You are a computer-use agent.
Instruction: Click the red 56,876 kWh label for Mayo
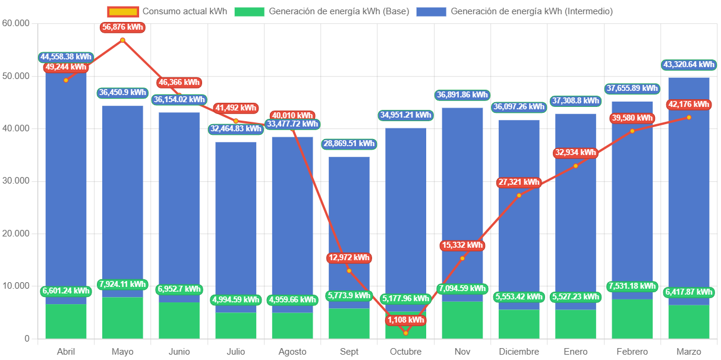pyautogui.click(x=122, y=27)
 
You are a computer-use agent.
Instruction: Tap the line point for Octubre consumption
pyautogui.click(x=406, y=333)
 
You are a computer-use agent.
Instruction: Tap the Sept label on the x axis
pyautogui.click(x=349, y=352)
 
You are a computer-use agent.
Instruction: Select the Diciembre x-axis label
pyautogui.click(x=519, y=352)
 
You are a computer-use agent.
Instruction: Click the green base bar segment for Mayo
pyautogui.click(x=122, y=318)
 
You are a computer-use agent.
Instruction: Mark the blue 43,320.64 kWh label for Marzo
pyautogui.click(x=689, y=64)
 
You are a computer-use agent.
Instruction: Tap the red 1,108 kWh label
pyautogui.click(x=406, y=320)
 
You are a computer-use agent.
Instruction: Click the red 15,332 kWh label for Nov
pyautogui.click(x=462, y=245)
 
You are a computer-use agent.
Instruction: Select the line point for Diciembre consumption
pyautogui.click(x=519, y=195)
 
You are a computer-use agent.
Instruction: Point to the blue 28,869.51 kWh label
pyautogui.click(x=349, y=144)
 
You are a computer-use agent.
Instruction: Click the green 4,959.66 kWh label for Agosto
pyautogui.click(x=292, y=300)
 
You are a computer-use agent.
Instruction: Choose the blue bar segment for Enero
pyautogui.click(x=575, y=214)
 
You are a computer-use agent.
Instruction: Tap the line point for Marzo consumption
pyautogui.click(x=689, y=117)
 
